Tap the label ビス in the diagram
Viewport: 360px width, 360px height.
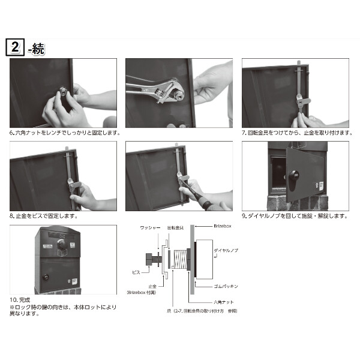[x=136, y=271]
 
